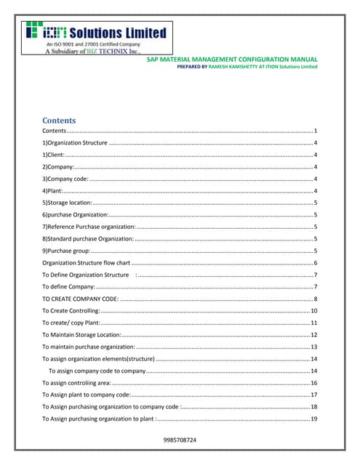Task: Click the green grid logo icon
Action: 33,31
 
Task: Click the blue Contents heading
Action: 59,120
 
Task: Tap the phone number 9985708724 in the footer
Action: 180,440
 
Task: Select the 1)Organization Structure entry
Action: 75,143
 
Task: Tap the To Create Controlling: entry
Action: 71,310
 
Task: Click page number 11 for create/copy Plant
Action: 313,322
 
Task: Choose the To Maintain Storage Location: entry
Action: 81,334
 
